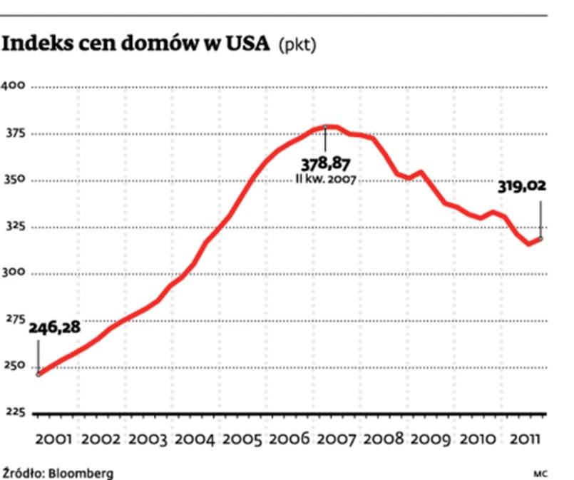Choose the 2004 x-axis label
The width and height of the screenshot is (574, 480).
point(195,438)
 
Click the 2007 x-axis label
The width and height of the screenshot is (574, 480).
point(337,438)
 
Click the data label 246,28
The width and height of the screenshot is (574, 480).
point(55,328)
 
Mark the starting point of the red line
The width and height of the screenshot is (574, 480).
point(38,374)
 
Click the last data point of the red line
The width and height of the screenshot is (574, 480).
point(540,238)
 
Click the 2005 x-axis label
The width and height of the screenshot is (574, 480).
point(242,438)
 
